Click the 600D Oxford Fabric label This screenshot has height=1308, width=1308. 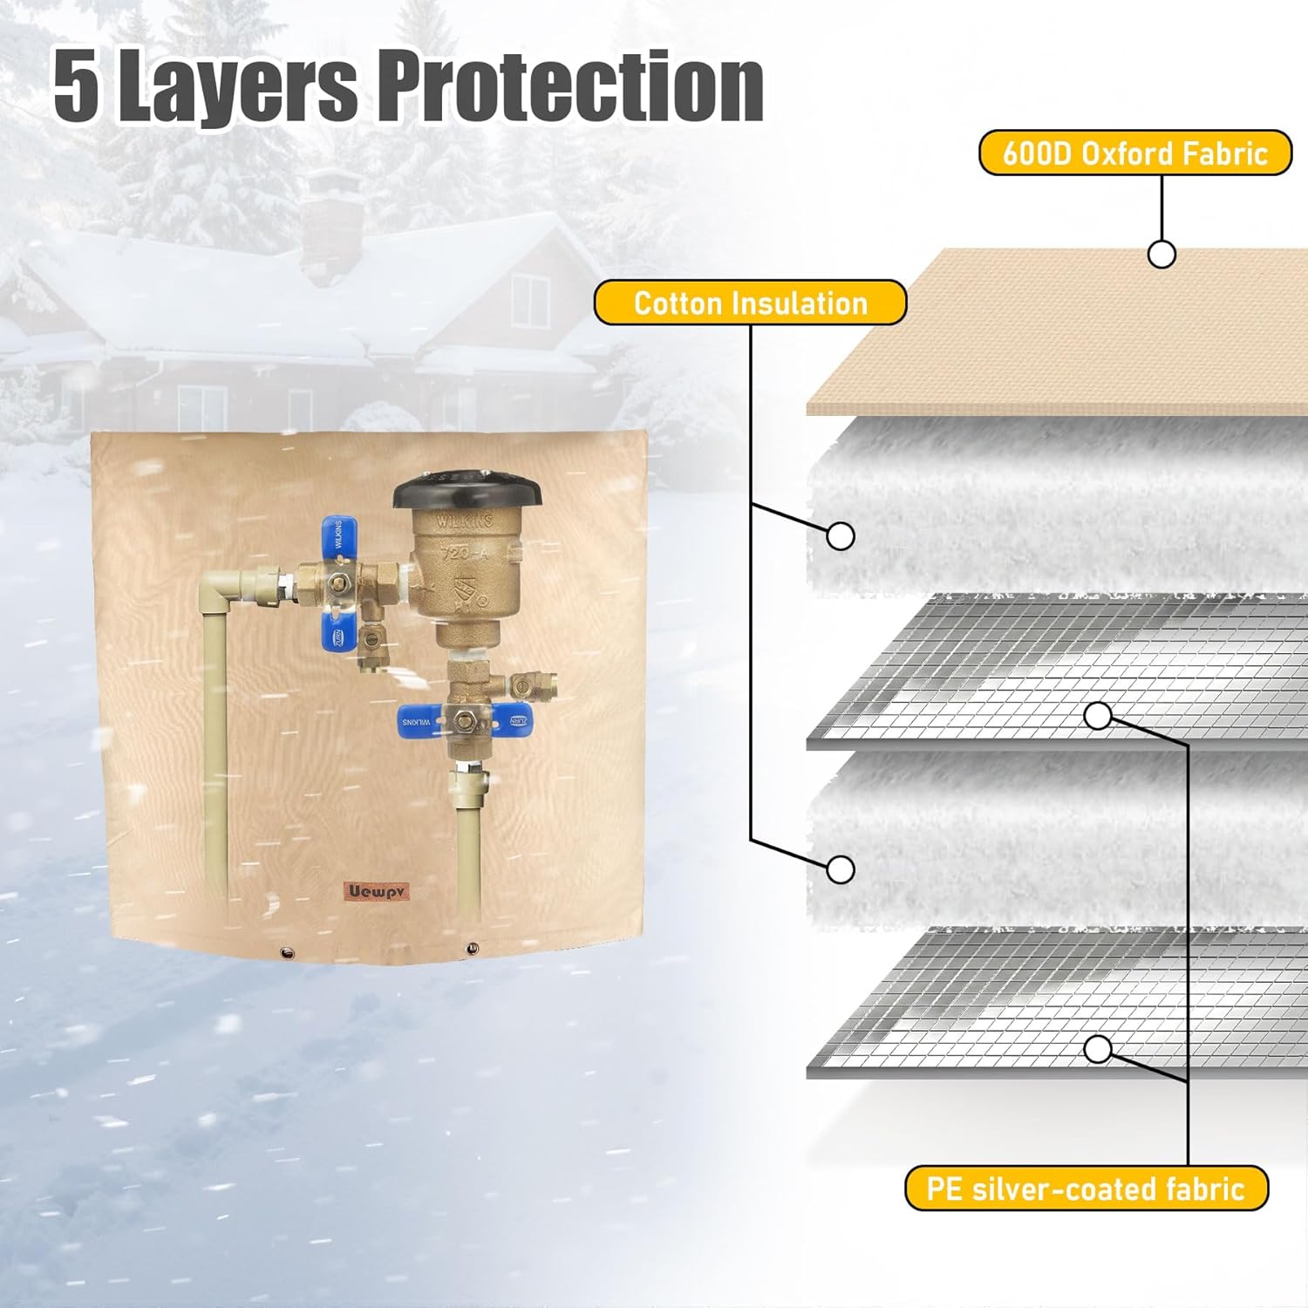pyautogui.click(x=1134, y=153)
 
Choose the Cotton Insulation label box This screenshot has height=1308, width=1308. pyautogui.click(x=750, y=303)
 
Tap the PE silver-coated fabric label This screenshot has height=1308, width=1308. pyautogui.click(x=1086, y=1189)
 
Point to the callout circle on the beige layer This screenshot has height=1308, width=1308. pyautogui.click(x=1162, y=254)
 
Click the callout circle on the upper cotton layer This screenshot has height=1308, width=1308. pyautogui.click(x=840, y=535)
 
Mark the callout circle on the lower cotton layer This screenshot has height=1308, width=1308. pyautogui.click(x=841, y=869)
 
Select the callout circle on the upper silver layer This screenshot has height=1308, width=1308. pyautogui.click(x=1099, y=716)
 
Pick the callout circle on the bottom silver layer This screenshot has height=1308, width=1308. pyautogui.click(x=1099, y=1048)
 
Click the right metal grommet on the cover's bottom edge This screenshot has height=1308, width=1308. pyautogui.click(x=472, y=948)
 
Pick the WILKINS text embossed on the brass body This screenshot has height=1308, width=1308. pyautogui.click(x=465, y=521)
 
